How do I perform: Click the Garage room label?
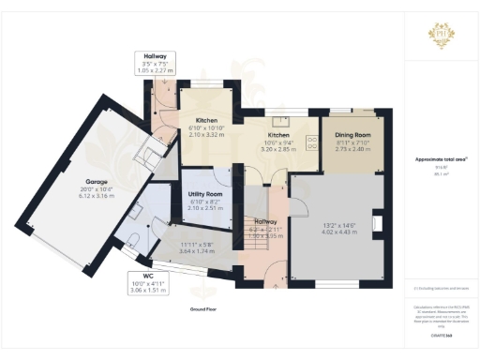point(96,181)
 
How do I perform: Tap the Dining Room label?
point(353,134)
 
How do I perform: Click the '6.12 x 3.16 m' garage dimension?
point(99,196)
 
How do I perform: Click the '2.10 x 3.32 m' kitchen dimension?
point(206,135)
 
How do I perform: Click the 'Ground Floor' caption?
point(204,307)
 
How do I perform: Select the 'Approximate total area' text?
point(441,159)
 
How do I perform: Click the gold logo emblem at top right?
point(440,36)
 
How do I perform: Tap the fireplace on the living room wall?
point(377,223)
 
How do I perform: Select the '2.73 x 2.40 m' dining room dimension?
point(353,148)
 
